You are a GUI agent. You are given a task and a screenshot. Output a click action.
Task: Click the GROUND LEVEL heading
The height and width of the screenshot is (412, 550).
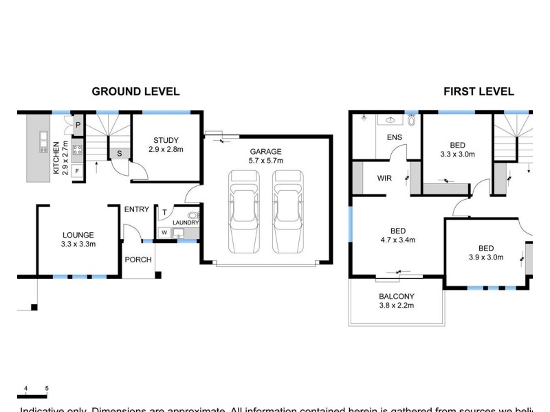point(135,91)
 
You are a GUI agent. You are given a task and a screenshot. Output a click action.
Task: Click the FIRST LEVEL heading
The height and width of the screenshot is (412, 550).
point(478,91)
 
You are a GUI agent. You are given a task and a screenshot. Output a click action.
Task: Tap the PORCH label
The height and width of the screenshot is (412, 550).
point(137,260)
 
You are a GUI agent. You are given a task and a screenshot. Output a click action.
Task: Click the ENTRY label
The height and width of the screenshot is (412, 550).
point(136,209)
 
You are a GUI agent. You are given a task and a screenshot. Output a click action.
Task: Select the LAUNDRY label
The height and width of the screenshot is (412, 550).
point(186,222)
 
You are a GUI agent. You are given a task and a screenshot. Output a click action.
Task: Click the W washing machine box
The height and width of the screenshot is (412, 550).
point(164,233)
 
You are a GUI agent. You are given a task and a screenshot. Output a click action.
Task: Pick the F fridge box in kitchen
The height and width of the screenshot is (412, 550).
point(77,170)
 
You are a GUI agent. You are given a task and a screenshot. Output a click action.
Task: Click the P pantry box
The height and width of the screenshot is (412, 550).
point(78,125)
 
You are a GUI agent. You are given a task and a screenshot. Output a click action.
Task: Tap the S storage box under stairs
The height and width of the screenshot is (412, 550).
point(120,154)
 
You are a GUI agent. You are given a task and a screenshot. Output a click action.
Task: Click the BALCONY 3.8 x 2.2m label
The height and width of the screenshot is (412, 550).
point(397,301)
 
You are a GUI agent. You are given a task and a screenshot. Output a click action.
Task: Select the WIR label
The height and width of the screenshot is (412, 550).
point(384,178)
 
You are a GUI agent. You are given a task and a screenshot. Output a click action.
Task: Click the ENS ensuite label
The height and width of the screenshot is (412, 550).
point(394,137)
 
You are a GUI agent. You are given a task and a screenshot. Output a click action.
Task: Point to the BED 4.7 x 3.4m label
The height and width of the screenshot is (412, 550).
point(397,236)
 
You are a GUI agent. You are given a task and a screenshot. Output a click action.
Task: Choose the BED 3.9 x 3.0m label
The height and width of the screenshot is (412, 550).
point(486,253)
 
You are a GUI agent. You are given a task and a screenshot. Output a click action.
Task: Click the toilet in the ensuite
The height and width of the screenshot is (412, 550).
point(412,120)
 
